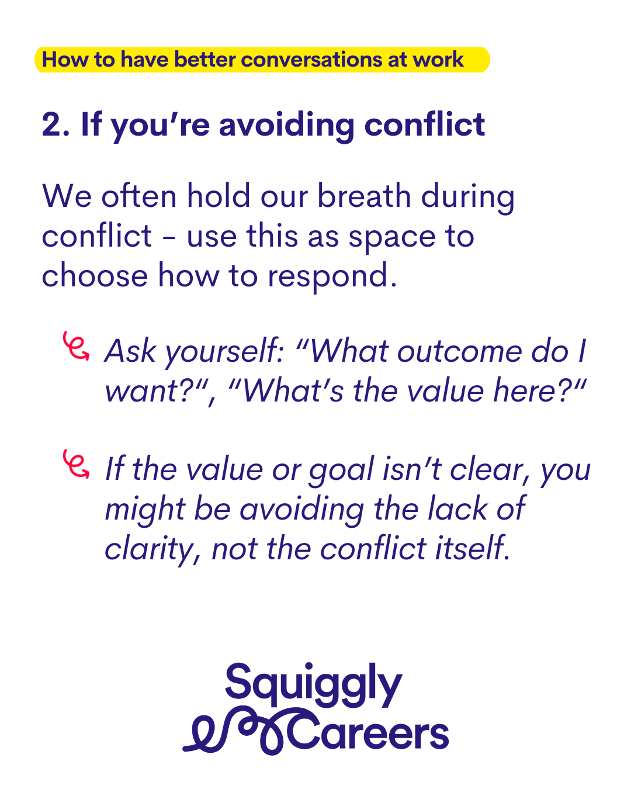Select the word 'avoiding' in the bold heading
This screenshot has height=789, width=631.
click(287, 126)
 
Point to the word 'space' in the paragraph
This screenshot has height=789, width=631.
click(392, 238)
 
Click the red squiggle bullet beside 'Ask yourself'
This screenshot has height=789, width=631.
click(76, 347)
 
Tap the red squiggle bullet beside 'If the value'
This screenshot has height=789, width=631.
click(76, 464)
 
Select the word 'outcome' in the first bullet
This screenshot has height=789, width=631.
click(459, 352)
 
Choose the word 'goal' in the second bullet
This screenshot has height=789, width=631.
click(341, 471)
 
